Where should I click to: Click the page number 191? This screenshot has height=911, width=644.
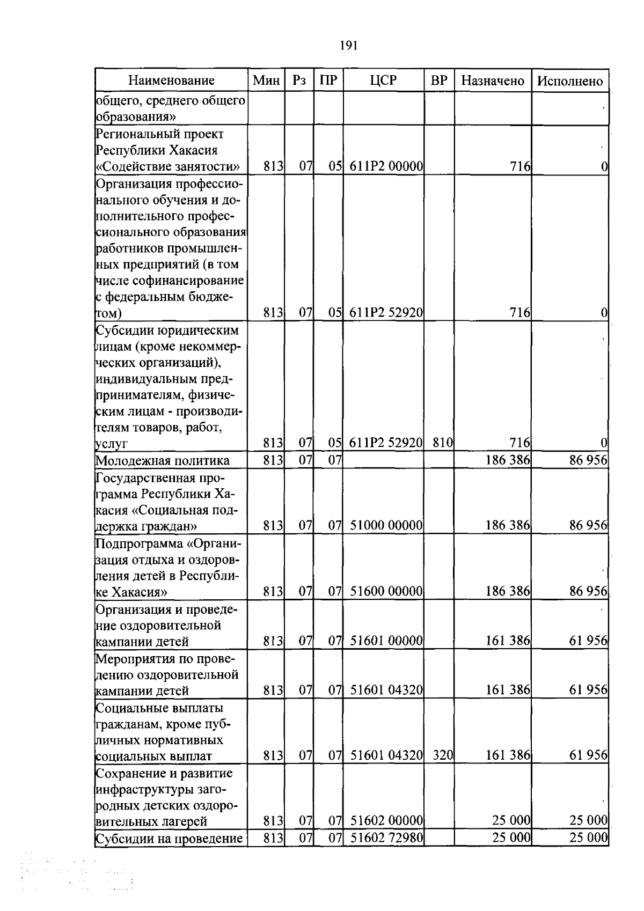point(348,45)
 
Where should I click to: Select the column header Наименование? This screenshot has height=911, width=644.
point(171,80)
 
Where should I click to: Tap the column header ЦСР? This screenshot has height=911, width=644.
point(383,80)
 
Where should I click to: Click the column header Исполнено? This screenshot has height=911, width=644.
point(570,81)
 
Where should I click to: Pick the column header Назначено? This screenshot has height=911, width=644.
point(493,80)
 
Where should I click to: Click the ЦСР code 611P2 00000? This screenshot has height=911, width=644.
point(386,167)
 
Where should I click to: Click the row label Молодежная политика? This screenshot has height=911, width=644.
point(163,460)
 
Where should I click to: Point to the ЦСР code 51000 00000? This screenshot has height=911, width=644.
point(386,526)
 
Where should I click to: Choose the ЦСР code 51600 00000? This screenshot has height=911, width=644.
point(386,592)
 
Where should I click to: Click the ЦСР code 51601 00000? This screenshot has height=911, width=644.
point(386,641)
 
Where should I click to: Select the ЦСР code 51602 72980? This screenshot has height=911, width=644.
point(386,837)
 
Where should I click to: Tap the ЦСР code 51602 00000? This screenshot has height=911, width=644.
point(386,821)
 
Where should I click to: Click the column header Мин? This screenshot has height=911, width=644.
point(266,80)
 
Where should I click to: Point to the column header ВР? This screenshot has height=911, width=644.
point(439,80)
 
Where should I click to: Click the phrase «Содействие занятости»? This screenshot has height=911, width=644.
point(167,167)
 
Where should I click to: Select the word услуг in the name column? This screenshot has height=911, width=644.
point(111,444)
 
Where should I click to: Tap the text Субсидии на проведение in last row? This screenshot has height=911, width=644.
point(169,838)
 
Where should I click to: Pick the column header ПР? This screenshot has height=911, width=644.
point(328,80)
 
